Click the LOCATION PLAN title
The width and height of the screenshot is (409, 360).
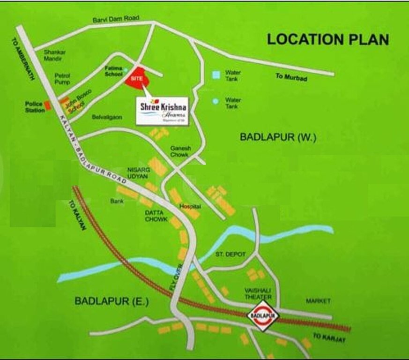pos(328,39)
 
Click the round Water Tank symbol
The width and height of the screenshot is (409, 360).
pos(215,101)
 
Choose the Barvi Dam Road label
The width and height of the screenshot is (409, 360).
pos(116,19)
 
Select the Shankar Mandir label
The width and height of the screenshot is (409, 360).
pos(54,55)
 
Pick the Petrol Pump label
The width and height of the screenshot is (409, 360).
pos(62,78)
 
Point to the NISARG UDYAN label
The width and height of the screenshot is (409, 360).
pos(138,172)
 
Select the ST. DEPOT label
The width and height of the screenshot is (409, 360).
pos(231,254)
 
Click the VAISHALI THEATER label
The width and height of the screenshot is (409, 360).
pos(258,294)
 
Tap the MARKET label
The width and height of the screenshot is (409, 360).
pos(318,300)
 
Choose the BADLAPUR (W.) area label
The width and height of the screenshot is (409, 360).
pos(278,137)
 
